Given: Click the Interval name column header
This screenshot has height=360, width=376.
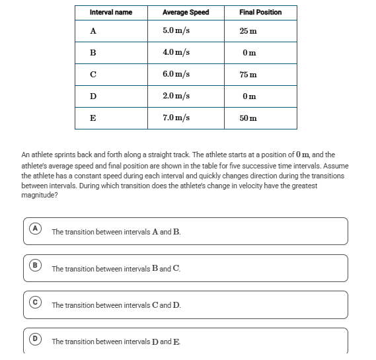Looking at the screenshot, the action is click(x=111, y=13).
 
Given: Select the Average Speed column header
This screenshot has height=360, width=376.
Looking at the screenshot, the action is click(x=186, y=13).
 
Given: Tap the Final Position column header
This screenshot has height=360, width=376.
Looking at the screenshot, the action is click(x=260, y=13).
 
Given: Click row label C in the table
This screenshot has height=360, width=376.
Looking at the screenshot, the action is click(x=93, y=75).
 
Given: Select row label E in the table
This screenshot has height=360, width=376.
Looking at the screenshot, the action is click(x=93, y=118).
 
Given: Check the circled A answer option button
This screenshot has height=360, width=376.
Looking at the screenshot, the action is click(x=35, y=229).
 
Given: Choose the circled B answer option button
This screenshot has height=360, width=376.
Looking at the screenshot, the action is click(x=35, y=266).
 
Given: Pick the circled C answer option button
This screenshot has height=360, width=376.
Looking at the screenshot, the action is click(x=35, y=302).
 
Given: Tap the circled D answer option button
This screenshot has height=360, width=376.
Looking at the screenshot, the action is click(x=35, y=339).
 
